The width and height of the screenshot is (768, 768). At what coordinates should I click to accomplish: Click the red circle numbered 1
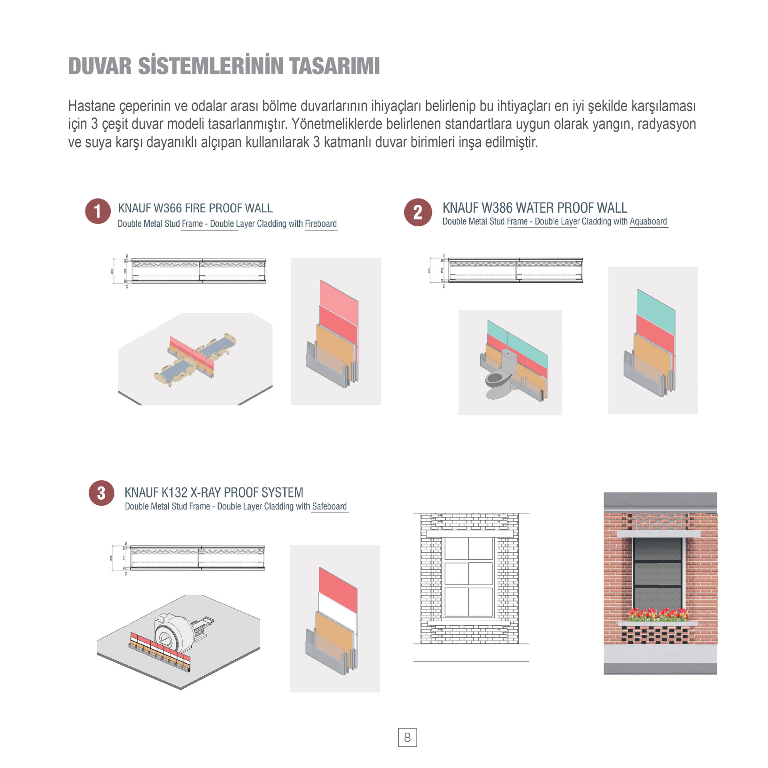pos(98,211)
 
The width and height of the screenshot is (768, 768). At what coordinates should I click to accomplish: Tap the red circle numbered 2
pos(418,212)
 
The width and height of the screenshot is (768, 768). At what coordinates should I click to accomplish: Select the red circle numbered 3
pos(101,493)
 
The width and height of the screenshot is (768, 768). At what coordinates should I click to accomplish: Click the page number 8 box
pos(407,737)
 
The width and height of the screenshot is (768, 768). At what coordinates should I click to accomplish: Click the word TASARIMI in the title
pos(334,66)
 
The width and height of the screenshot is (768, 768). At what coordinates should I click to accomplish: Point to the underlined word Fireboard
pos(321,224)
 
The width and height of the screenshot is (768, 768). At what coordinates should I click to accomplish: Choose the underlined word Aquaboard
pos(648,221)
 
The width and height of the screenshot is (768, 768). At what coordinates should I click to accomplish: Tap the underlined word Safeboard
pos(329,506)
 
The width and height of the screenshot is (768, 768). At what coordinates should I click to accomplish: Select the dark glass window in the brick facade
pos(658,574)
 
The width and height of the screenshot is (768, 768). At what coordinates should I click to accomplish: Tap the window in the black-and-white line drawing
pos(468,576)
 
